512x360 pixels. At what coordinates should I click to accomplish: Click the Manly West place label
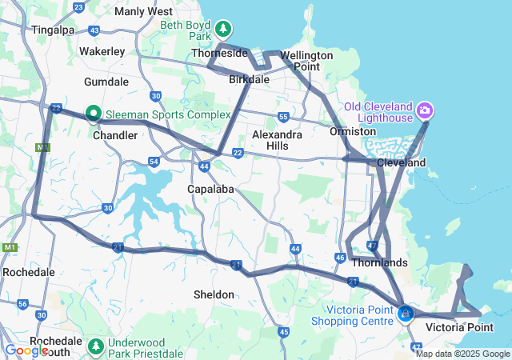[x=143, y=11]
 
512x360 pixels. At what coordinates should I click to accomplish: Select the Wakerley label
[x=100, y=50]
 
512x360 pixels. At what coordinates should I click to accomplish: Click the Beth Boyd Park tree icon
[x=225, y=30]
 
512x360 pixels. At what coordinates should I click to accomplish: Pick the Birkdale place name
[x=249, y=80]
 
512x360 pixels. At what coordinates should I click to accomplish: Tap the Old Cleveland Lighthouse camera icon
[x=425, y=109]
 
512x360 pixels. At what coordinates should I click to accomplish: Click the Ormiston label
[x=353, y=131]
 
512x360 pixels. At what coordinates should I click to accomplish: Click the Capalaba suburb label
[x=210, y=189]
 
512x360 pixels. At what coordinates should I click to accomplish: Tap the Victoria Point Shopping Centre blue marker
[x=406, y=314]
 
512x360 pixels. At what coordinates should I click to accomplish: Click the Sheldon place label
[x=214, y=294]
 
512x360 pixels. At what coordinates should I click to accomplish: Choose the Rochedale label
[x=28, y=272]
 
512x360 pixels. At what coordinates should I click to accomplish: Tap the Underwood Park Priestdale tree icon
[x=96, y=346]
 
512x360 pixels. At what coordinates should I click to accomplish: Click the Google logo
[x=26, y=350]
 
